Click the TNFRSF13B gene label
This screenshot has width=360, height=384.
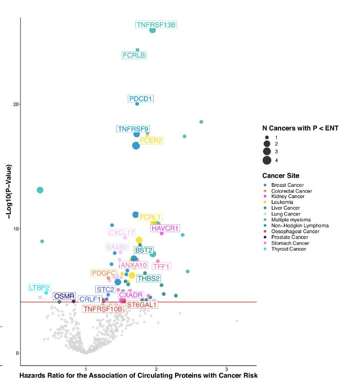(156, 25)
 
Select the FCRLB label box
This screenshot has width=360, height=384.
(134, 55)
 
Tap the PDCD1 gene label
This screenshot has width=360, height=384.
(141, 99)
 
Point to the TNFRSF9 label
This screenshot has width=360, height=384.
(133, 129)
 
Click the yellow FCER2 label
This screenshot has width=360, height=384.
(151, 141)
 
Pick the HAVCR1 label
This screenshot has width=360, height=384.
(165, 228)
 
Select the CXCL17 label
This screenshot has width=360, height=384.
(122, 233)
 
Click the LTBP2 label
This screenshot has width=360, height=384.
(39, 288)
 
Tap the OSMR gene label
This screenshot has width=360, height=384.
(64, 296)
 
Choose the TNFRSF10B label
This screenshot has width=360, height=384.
(103, 309)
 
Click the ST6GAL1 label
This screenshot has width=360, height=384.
(142, 305)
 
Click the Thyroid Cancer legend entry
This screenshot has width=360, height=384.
(288, 249)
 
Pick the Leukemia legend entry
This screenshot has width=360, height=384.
(282, 202)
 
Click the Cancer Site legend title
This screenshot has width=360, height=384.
(281, 176)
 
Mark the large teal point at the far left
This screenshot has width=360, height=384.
(40, 190)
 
